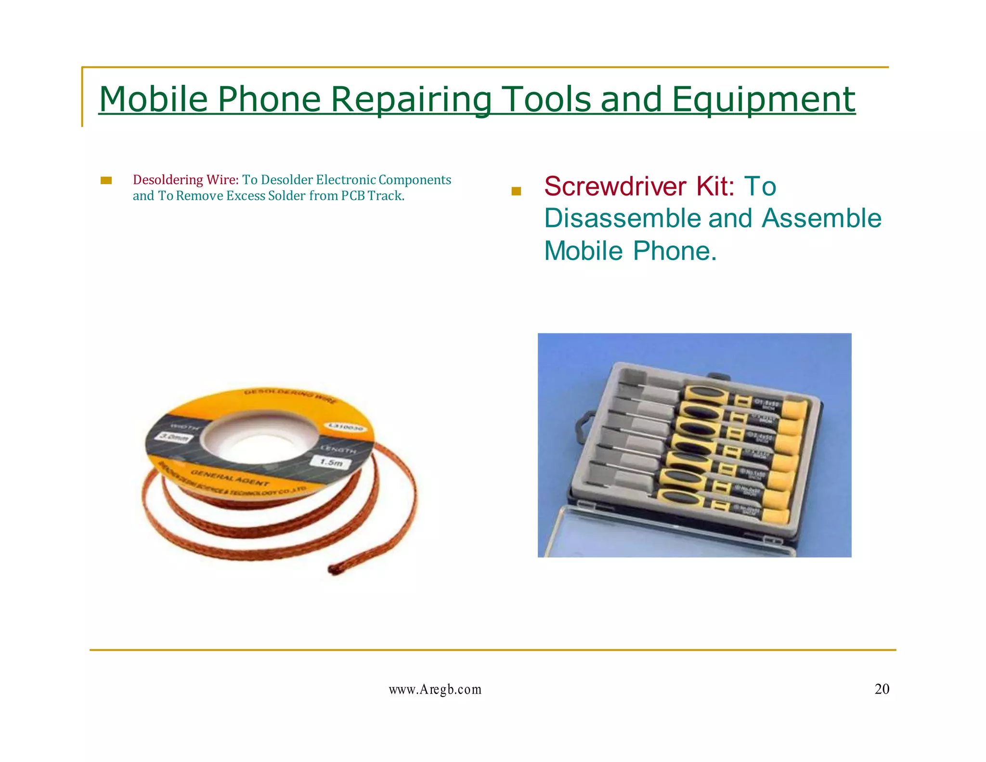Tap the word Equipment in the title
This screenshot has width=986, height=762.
click(763, 100)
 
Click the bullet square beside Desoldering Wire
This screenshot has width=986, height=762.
click(106, 181)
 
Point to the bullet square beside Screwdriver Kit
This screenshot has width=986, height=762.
click(516, 191)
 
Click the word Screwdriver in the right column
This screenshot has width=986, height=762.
click(615, 186)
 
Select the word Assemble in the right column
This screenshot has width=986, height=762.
click(821, 219)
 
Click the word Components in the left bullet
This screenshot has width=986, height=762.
click(415, 180)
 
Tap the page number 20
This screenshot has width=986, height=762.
click(882, 689)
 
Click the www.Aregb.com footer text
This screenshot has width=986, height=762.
click(435, 690)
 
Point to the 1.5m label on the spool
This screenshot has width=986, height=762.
click(332, 462)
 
